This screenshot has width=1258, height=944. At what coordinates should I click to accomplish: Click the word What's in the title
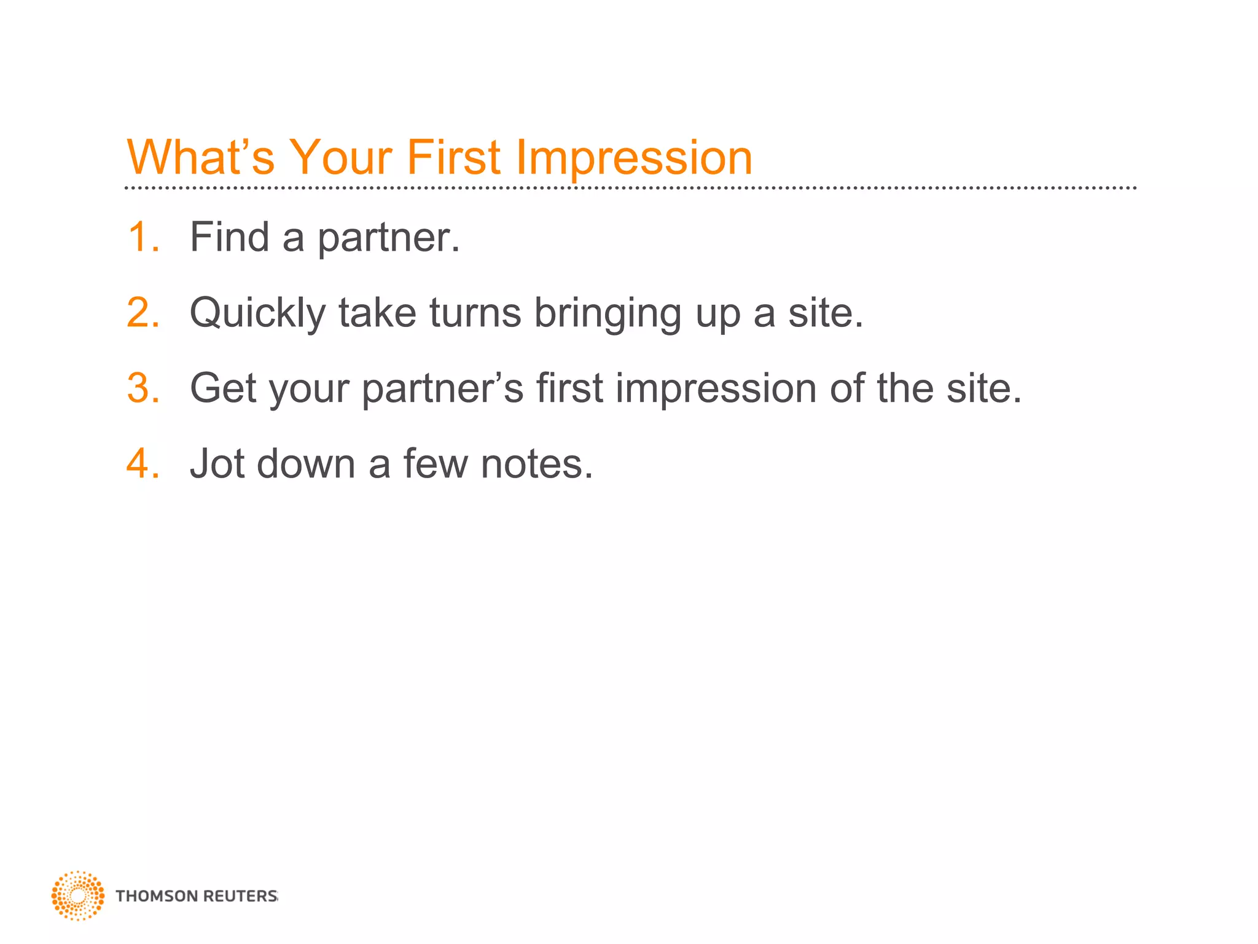point(200,157)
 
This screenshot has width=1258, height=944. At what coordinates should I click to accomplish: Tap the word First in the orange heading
point(453,157)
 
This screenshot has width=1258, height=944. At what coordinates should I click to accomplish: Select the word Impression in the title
point(634,157)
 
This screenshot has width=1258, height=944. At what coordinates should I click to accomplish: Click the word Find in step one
point(229,237)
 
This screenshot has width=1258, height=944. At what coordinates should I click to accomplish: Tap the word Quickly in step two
point(257,313)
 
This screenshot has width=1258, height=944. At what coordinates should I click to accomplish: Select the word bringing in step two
point(608,313)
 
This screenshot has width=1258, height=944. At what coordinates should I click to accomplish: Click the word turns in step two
point(475,313)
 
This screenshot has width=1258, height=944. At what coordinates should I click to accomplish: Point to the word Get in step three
point(223,388)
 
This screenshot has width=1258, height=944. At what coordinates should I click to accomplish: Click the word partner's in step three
point(442,388)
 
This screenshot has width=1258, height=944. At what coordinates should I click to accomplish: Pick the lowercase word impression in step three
point(716,388)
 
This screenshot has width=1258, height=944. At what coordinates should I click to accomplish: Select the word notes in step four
point(537,463)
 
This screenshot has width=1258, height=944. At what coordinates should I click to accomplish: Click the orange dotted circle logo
point(78,895)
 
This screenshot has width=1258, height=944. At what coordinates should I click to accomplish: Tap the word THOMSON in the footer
point(156,896)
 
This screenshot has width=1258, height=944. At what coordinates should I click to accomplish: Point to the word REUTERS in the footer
point(240,896)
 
